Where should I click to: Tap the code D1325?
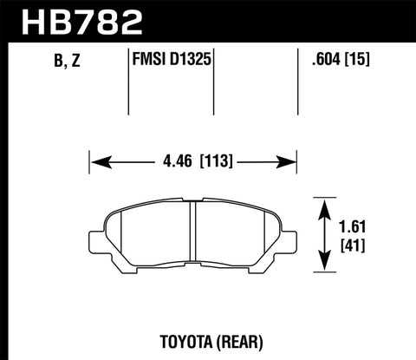(194, 62)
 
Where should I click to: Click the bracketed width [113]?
(216, 160)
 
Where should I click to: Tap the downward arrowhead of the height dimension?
(325, 267)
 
